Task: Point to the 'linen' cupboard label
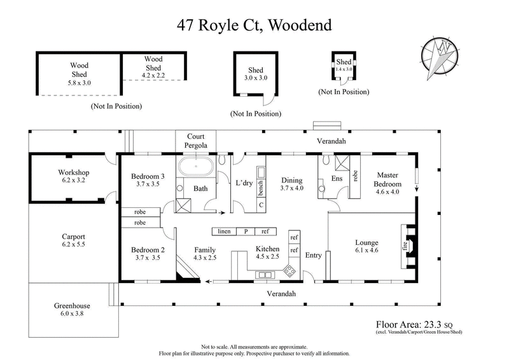pyautogui.click(x=224, y=231)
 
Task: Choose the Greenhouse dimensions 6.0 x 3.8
pyautogui.click(x=74, y=314)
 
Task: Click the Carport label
pyautogui.click(x=73, y=236)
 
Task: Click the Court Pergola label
pyautogui.click(x=195, y=141)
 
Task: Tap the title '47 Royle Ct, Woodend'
pyautogui.click(x=254, y=26)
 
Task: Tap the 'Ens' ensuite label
pyautogui.click(x=337, y=179)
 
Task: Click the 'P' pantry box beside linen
pyautogui.click(x=246, y=231)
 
